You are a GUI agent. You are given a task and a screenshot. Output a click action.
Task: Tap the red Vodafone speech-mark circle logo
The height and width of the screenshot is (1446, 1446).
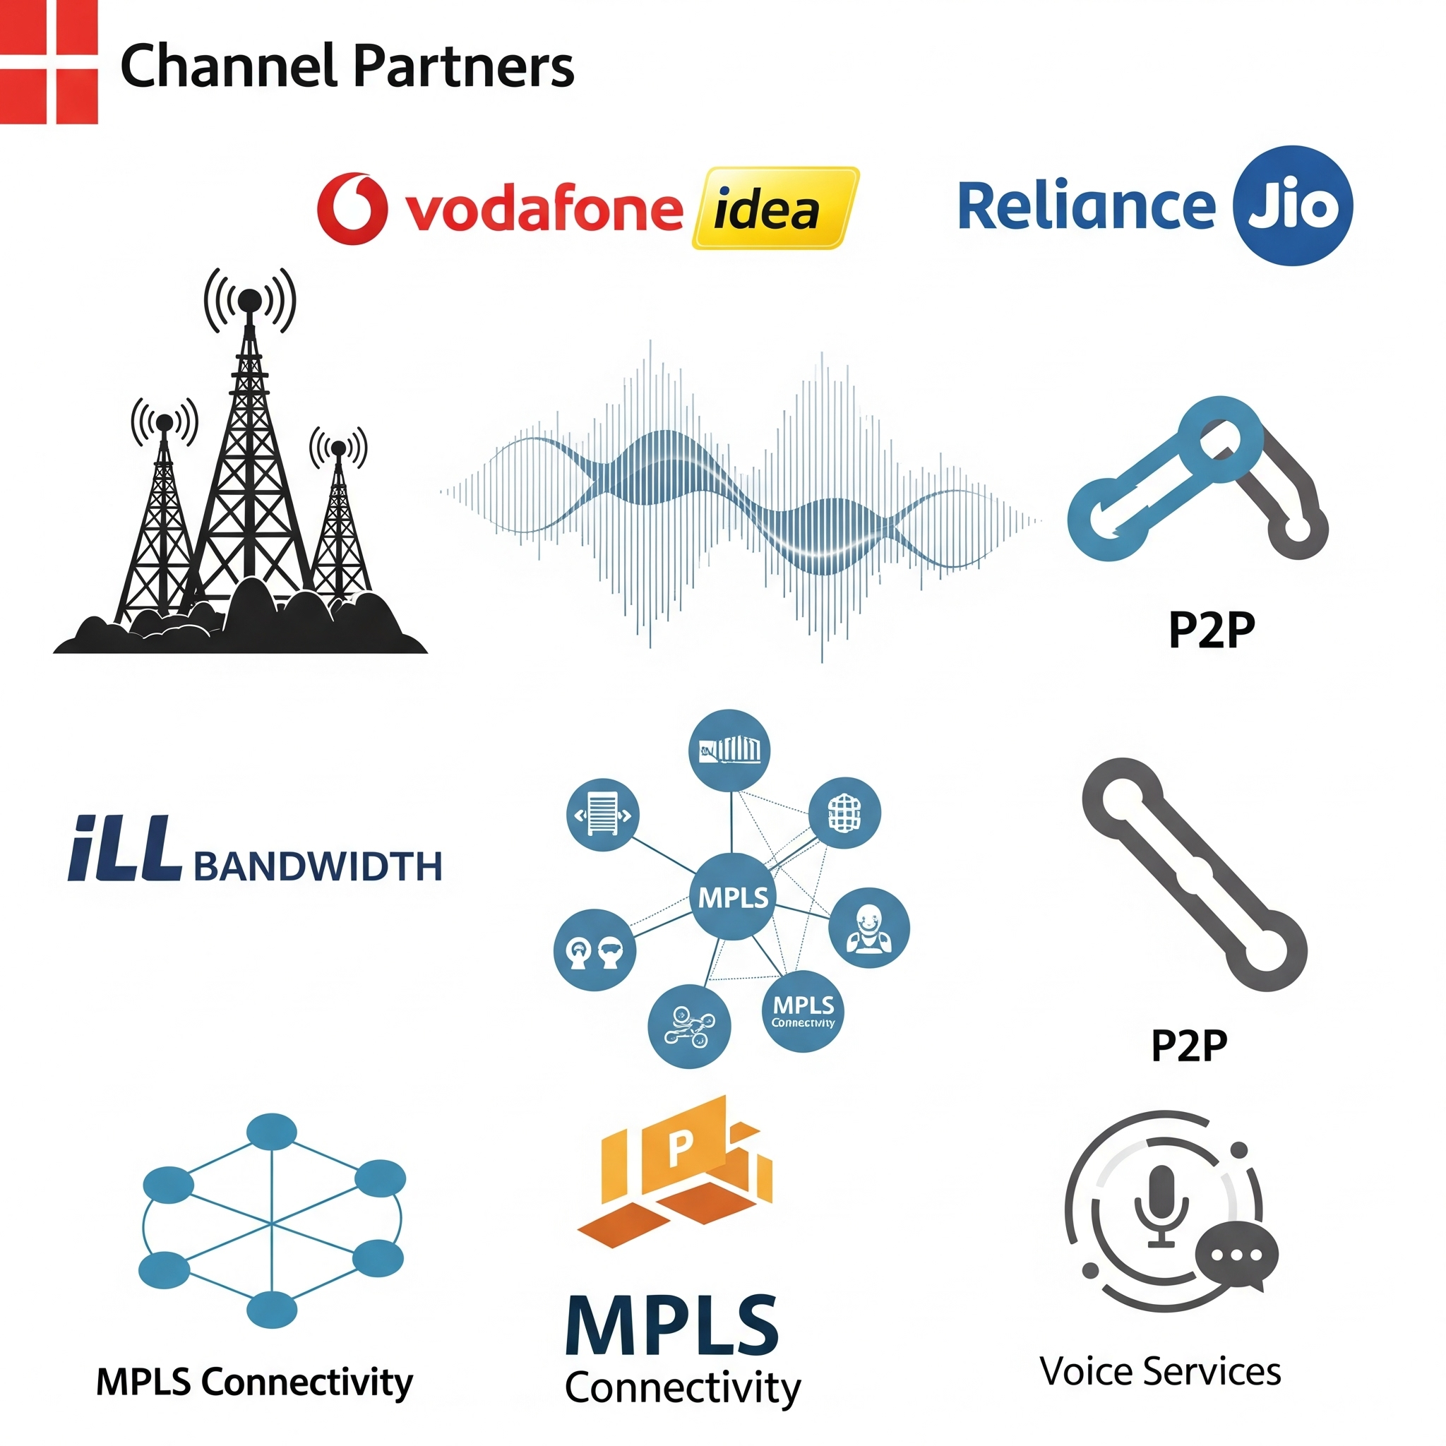point(352,209)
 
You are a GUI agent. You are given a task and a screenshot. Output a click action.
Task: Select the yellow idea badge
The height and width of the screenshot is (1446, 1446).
point(774,208)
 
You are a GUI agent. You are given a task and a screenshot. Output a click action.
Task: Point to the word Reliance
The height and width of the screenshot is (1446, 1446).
point(1086,206)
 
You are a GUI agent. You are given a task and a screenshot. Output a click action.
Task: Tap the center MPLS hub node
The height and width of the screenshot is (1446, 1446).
point(733,896)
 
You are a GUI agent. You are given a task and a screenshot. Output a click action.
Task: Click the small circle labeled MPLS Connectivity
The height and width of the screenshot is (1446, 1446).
point(802,1011)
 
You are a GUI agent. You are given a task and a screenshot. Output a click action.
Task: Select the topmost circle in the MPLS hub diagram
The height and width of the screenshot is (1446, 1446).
point(729,750)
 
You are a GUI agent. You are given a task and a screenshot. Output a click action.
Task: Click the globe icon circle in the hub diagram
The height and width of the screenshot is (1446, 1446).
point(844,812)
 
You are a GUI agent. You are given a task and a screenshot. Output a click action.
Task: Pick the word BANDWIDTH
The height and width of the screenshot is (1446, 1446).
point(318,867)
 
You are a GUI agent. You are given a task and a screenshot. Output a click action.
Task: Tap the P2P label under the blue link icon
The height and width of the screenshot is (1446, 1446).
point(1211,631)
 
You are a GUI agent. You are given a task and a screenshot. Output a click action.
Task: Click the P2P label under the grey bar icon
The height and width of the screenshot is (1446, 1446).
point(1188,1046)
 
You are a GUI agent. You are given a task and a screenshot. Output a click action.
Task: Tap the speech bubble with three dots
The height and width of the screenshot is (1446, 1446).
point(1236,1255)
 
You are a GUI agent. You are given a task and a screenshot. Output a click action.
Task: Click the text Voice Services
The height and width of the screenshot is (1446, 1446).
point(1160,1372)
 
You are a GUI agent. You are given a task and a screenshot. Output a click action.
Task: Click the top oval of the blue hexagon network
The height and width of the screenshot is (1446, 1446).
point(272,1131)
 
